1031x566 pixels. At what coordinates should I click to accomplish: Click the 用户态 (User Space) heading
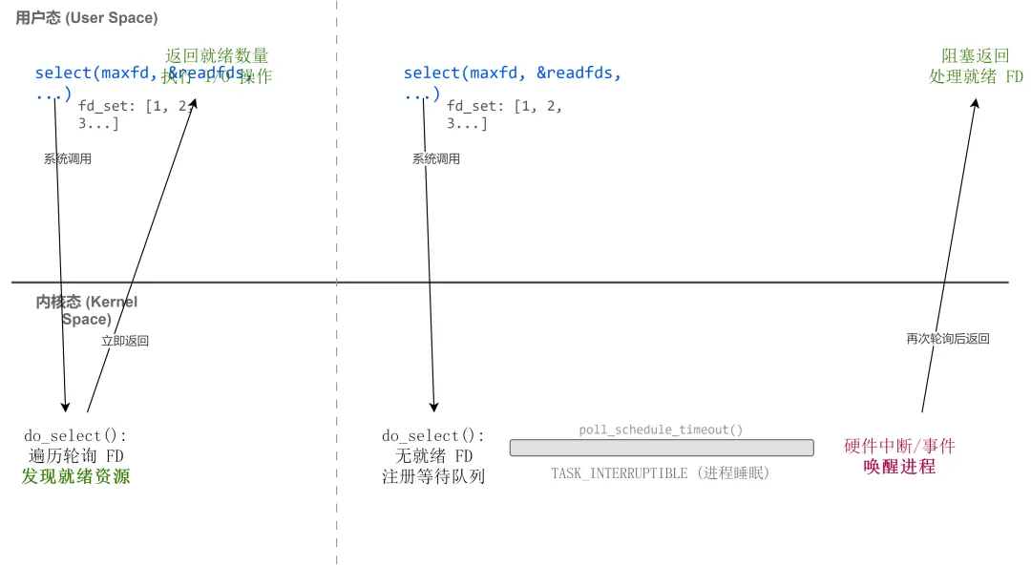point(87,18)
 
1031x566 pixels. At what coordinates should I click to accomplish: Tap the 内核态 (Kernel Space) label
point(87,310)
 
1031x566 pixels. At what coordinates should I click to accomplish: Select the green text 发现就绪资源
point(75,476)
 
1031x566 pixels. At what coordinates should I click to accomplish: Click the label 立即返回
point(125,341)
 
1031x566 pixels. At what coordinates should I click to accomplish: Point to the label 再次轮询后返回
point(947,339)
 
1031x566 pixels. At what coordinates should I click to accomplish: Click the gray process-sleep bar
point(661,448)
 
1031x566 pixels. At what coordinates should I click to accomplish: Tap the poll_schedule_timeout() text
point(661,430)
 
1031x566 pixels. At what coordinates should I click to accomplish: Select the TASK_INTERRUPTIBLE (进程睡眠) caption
point(661,473)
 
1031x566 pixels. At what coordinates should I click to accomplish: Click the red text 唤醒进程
point(899,467)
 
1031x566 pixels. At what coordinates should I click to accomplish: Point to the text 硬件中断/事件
point(899,447)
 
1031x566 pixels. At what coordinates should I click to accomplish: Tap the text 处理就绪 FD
point(976,76)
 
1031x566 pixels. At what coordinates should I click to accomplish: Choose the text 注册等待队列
point(433,476)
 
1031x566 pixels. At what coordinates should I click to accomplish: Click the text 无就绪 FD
point(433,456)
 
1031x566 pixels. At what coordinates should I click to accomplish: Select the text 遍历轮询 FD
point(75,456)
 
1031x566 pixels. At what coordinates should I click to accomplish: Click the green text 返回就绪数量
point(218,56)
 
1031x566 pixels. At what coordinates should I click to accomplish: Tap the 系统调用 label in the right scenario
point(436,159)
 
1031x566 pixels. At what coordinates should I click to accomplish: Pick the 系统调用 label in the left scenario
point(68,159)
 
